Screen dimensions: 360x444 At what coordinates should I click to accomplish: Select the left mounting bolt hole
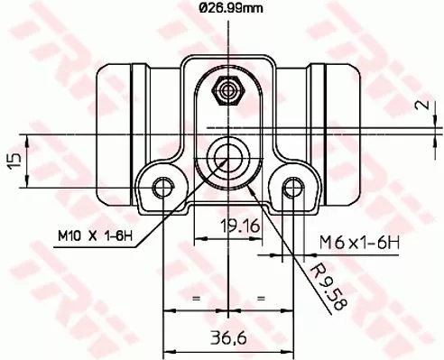pos(162,187)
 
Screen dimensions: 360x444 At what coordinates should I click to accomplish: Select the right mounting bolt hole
pos(291,187)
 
